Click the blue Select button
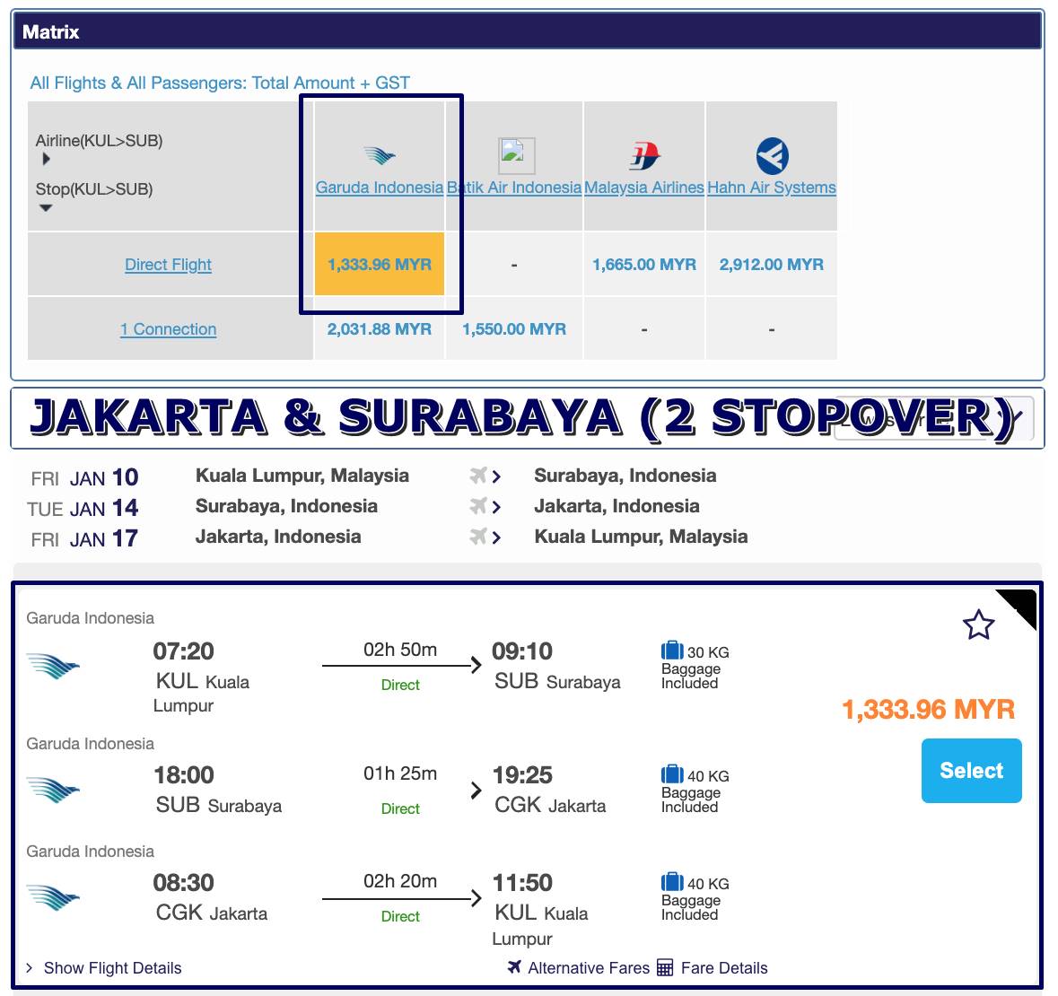coord(971,771)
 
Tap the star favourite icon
coord(978,625)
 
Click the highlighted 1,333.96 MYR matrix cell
coord(380,264)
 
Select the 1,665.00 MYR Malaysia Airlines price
coord(643,265)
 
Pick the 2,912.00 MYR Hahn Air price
coord(771,265)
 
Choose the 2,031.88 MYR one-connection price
coord(380,329)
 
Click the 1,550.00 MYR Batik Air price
coord(514,329)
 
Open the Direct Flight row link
coord(168,265)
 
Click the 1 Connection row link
coord(168,329)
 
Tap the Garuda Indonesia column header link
coord(380,188)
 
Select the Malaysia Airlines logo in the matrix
coord(644,156)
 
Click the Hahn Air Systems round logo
coord(772,156)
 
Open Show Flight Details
coord(113,968)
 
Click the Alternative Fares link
coord(589,968)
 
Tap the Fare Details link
coord(724,968)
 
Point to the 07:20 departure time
coord(184,651)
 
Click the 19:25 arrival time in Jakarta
coord(522,775)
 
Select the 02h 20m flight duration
coord(400,881)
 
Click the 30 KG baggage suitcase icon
coord(672,651)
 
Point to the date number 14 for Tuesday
coord(126,508)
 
